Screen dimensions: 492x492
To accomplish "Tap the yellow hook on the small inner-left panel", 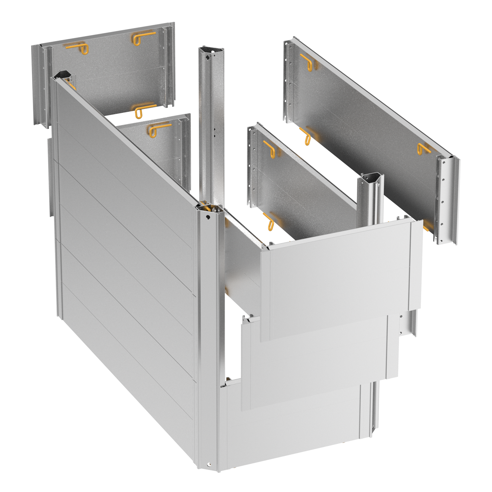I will coord(158,129).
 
